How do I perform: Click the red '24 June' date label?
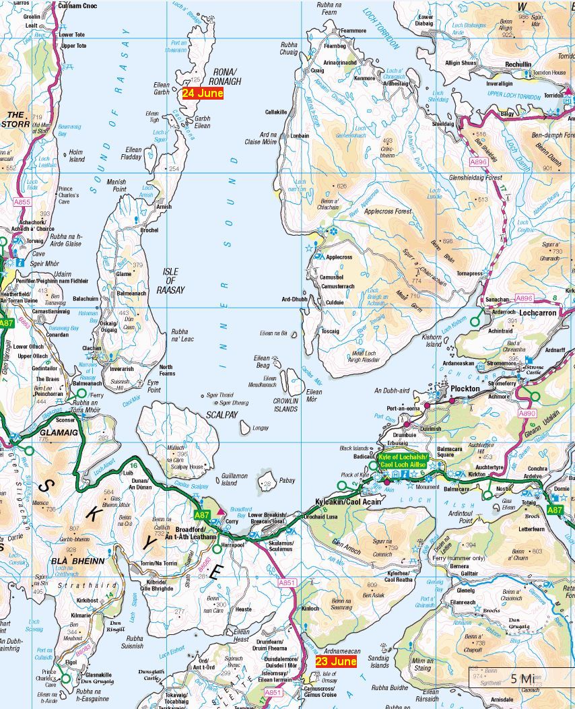[202, 94]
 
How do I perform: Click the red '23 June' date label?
[335, 661]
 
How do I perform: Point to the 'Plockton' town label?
[465, 389]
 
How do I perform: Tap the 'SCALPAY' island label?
[222, 415]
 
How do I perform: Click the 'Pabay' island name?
[287, 481]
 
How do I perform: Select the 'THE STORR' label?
[14, 119]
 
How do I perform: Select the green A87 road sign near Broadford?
[202, 515]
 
